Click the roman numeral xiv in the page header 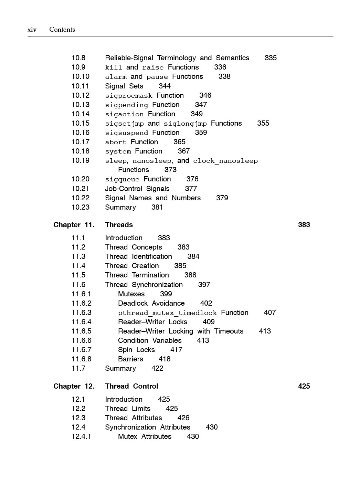pos(32,30)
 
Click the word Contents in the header pos(62,30)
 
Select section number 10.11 pos(80,86)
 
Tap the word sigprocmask pos(128,96)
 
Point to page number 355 pos(263,123)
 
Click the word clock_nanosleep pos(225,161)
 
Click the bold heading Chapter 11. pos(74,225)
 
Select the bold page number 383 pos(304,225)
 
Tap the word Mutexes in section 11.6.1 pos(131,294)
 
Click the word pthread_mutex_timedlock pos(167,313)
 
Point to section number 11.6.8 pos(82,359)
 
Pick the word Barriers pos(130,359)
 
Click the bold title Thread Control pos(131,386)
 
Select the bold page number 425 pos(304,386)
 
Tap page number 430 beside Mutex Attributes pos(193,436)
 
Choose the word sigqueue pos(122,179)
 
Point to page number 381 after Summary pos(157,207)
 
